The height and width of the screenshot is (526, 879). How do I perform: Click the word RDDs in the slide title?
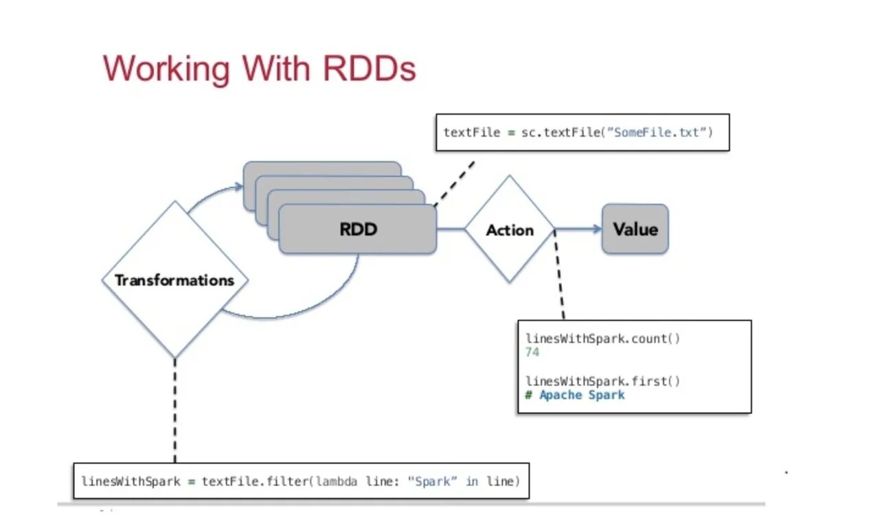(369, 69)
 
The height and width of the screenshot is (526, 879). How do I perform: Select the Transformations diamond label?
(174, 280)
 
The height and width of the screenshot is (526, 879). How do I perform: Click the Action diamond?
(510, 229)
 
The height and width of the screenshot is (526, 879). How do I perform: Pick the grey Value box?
(635, 229)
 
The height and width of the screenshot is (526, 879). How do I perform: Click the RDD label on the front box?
(358, 229)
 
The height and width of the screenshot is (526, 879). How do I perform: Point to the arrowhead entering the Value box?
(597, 229)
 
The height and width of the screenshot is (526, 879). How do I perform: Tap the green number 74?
(532, 352)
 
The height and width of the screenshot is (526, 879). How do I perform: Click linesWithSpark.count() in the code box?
(603, 339)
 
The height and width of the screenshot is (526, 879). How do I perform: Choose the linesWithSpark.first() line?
(603, 380)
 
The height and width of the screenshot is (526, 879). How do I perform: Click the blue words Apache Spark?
(582, 394)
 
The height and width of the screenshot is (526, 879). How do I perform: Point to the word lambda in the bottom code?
(336, 481)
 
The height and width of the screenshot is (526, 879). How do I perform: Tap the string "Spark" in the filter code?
(433, 481)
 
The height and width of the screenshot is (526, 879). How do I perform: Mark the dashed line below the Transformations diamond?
(175, 410)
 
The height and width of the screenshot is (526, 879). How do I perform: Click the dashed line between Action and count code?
(559, 275)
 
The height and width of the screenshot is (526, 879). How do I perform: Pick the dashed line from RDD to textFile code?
(454, 183)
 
